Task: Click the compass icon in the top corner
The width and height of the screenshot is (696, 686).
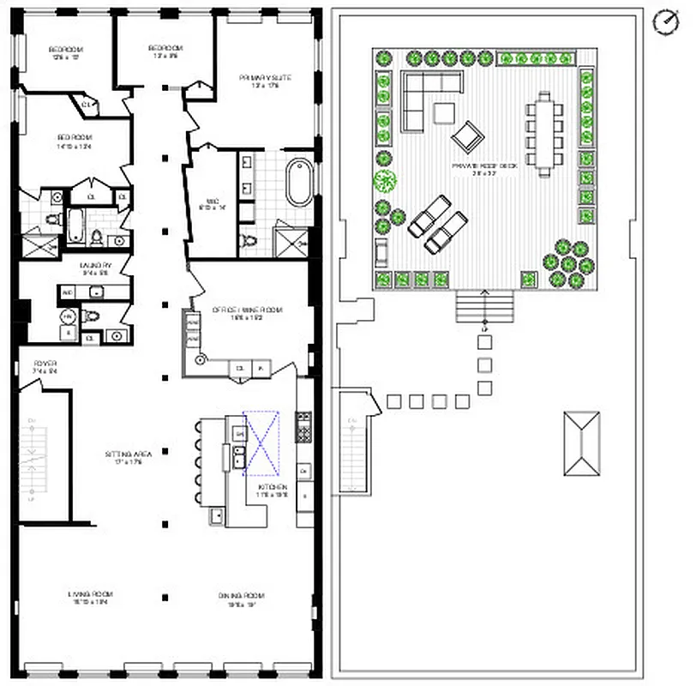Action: pos(663,22)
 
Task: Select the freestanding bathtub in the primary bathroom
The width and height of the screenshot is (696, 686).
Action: pos(299,181)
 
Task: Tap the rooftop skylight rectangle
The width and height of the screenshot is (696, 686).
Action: pos(580,443)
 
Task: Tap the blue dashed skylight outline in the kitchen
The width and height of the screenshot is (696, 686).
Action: pos(261,443)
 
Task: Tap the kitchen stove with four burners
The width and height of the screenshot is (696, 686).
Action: pos(303,426)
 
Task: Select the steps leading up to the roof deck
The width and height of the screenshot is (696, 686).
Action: pos(484,304)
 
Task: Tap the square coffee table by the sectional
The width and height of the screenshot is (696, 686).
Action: pos(444,114)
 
